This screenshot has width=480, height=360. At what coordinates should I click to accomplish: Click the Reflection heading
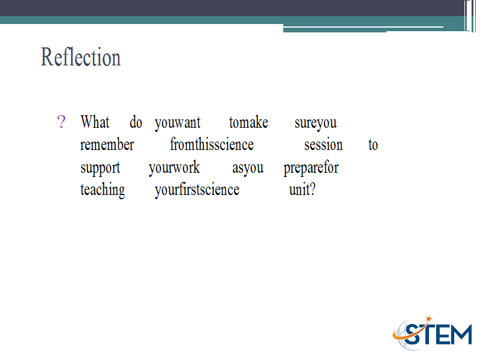click(81, 57)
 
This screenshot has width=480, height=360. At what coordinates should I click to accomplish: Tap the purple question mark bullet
click(61, 122)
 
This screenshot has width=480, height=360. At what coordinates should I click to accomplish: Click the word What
click(95, 122)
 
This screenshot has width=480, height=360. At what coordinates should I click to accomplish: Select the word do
click(136, 122)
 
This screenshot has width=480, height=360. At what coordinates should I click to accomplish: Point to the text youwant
click(178, 124)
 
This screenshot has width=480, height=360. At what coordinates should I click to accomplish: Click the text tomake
click(248, 122)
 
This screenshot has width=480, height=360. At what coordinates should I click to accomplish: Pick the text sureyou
click(316, 124)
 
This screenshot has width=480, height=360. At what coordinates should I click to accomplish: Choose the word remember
click(107, 145)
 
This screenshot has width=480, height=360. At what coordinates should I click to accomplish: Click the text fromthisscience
click(212, 144)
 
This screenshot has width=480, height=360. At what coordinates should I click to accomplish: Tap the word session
click(323, 145)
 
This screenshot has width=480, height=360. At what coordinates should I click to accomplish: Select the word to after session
click(373, 145)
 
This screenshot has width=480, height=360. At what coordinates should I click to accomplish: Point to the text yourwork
click(175, 168)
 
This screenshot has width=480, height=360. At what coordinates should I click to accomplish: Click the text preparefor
click(311, 168)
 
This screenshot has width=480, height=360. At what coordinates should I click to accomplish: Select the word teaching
click(103, 190)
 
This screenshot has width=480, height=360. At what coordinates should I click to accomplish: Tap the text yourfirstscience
click(197, 190)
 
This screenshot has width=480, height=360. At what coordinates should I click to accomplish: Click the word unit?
click(302, 190)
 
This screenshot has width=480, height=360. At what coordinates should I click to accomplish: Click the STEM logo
click(433, 333)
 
